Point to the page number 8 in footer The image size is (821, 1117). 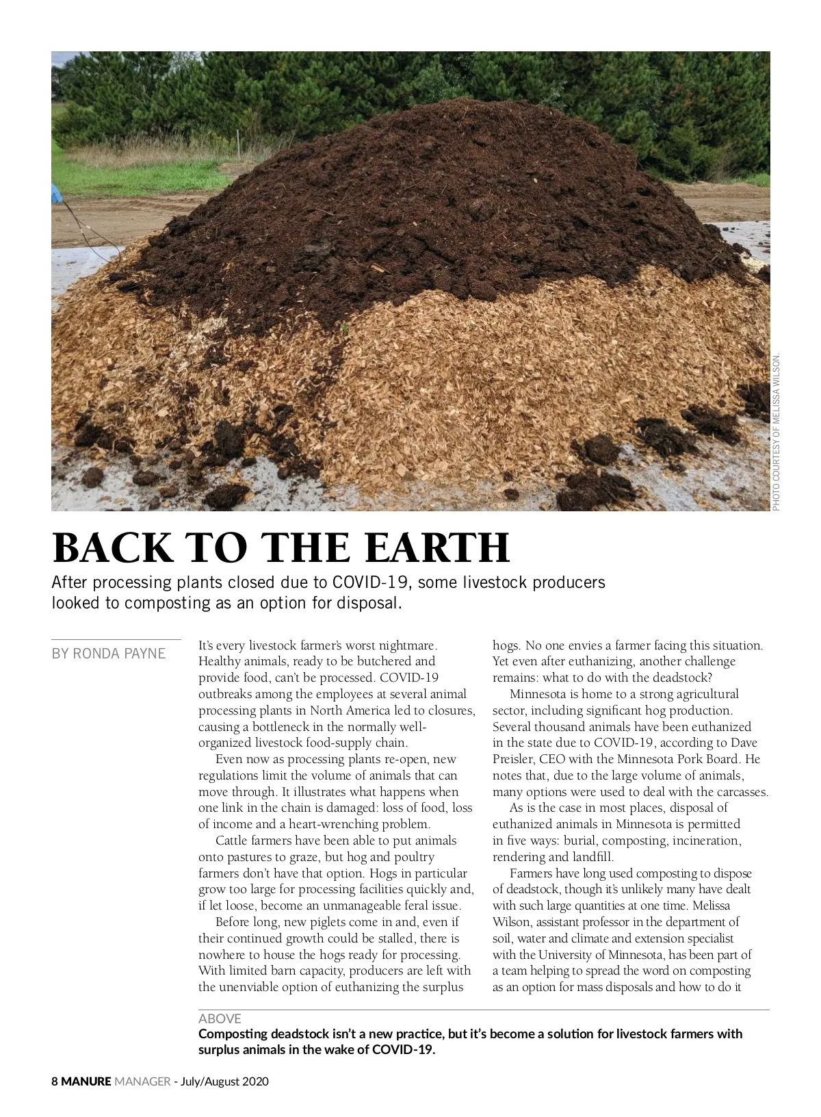click(55, 1082)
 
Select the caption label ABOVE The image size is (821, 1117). click(220, 1019)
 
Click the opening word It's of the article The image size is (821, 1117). click(205, 645)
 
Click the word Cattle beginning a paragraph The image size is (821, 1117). click(233, 840)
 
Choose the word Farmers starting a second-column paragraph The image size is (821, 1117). click(532, 873)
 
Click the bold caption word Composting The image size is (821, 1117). click(231, 1033)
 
